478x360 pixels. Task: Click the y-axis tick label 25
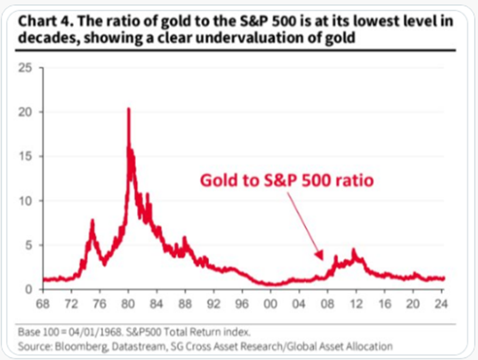(26, 67)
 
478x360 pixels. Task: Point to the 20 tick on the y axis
(26, 112)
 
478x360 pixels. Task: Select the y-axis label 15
(26, 157)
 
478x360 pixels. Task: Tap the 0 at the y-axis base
(29, 289)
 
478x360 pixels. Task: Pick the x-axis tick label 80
(129, 305)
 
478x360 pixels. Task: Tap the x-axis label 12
(356, 305)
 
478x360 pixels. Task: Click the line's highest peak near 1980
(128, 110)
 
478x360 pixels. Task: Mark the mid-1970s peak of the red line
(92, 220)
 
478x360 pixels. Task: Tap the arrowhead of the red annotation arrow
(320, 257)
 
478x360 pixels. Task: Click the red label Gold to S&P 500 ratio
(286, 181)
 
